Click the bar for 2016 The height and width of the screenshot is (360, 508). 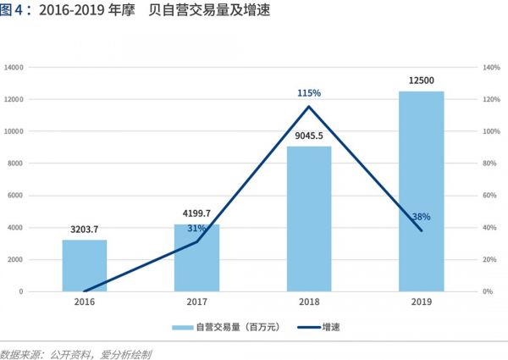[x=85, y=265]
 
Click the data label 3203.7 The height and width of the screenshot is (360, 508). [x=85, y=229]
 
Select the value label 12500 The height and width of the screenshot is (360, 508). [x=422, y=80]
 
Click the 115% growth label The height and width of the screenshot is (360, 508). [x=309, y=92]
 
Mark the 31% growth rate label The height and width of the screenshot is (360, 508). [x=196, y=228]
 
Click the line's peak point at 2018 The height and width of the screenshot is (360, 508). [x=309, y=107]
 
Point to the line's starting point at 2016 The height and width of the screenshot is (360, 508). [x=85, y=291]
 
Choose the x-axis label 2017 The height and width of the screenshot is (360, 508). [x=196, y=302]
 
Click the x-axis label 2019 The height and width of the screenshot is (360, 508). [x=422, y=302]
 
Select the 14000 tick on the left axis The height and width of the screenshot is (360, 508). [x=14, y=67]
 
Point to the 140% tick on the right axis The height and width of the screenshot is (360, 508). [x=491, y=67]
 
